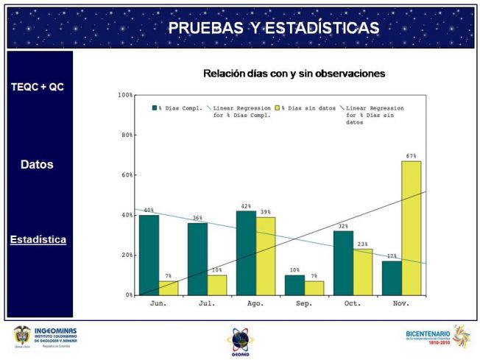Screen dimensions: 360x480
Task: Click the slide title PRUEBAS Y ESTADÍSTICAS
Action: point(273,28)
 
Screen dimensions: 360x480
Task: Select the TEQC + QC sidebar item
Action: point(38,87)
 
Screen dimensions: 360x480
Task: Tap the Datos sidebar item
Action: point(37,165)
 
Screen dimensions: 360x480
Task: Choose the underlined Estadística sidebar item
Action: point(38,240)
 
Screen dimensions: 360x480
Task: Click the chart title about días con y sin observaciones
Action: point(294,74)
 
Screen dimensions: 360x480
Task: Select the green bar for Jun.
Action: point(149,255)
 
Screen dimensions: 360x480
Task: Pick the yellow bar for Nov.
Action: point(411,227)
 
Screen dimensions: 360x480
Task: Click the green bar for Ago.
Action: point(246,253)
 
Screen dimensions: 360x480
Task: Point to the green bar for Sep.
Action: point(294,285)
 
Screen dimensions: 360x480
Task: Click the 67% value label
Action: point(411,156)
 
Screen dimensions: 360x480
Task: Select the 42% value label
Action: point(246,206)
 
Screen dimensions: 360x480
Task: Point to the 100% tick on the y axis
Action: point(124,95)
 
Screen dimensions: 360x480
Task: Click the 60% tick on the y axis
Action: point(126,175)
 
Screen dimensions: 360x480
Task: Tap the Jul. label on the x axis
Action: point(207,303)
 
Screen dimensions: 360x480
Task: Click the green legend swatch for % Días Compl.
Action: point(155,108)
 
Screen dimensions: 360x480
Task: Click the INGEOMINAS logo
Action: point(45,337)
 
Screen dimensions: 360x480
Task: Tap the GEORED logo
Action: point(240,341)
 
